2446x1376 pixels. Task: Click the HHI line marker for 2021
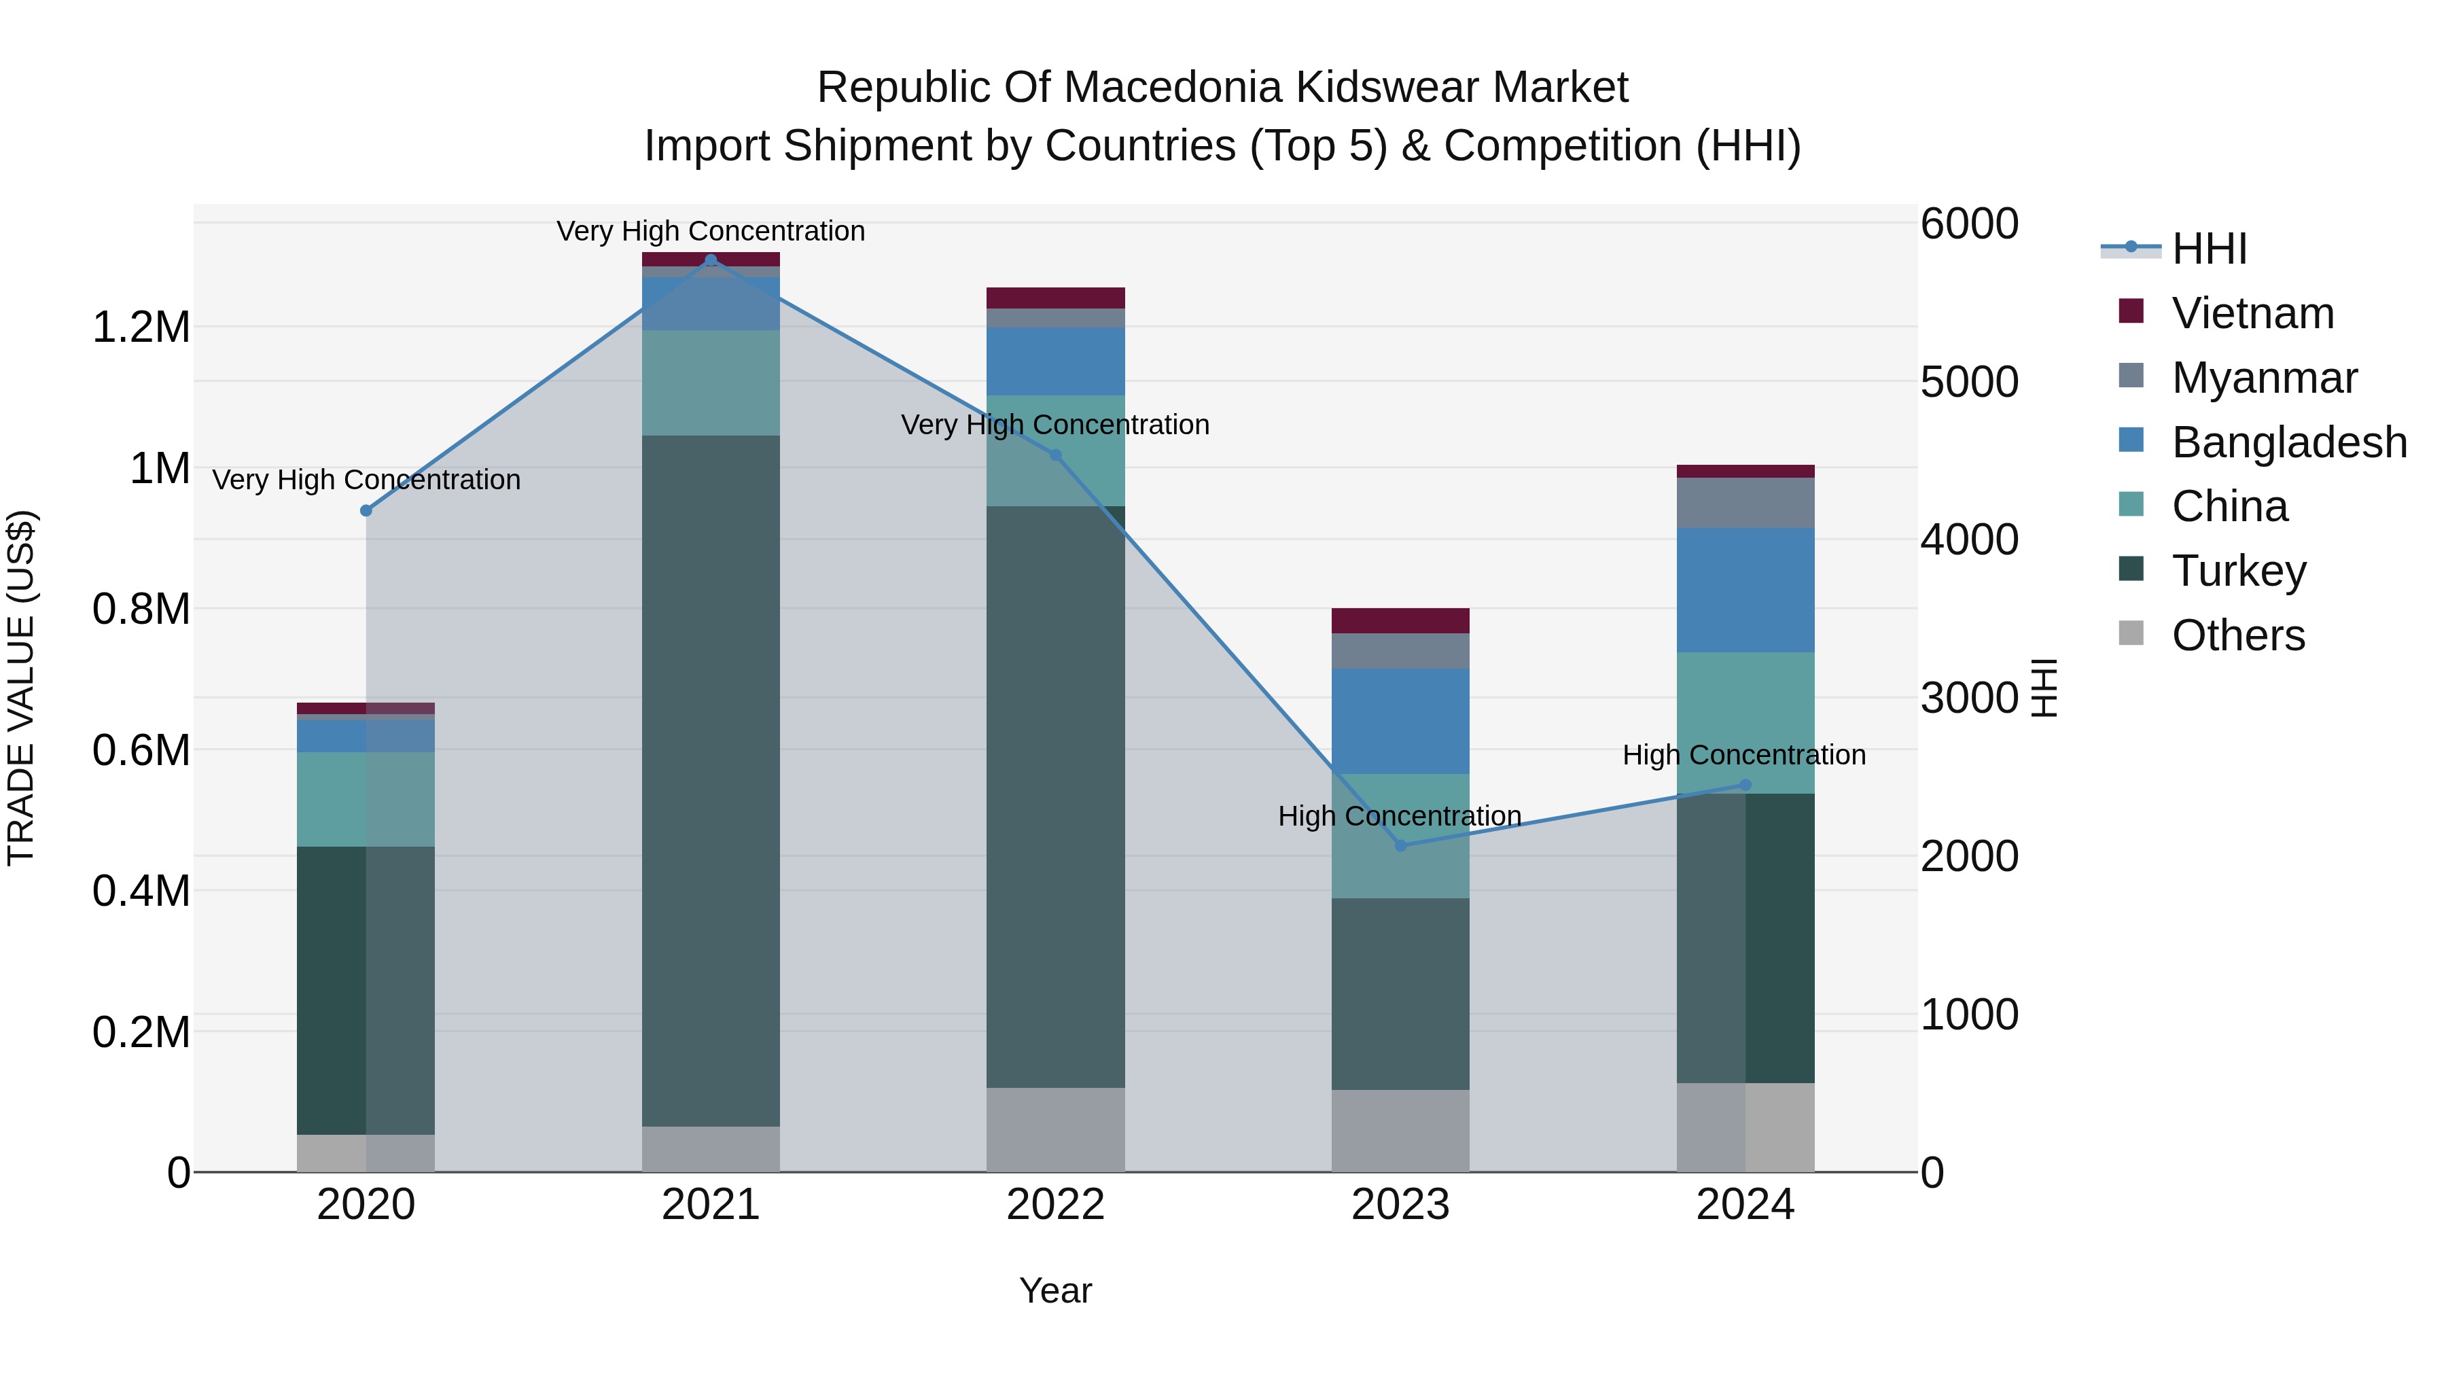point(711,260)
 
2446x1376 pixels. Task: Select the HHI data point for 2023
point(1400,845)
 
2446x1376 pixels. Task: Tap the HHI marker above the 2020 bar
point(366,511)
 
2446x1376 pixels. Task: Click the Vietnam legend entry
point(2252,313)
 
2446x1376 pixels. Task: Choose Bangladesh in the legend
point(2288,442)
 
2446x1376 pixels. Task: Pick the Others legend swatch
point(2131,633)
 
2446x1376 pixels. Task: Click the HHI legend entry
point(2209,249)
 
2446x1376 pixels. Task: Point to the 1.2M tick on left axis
point(141,328)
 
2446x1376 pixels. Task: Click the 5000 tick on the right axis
point(1968,382)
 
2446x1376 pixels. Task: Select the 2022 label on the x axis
point(1055,1205)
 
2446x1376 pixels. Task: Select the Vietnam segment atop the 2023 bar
point(1400,620)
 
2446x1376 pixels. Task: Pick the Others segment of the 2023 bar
point(1400,1130)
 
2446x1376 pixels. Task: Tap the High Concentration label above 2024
point(1743,755)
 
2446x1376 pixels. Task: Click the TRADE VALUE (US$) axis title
point(21,688)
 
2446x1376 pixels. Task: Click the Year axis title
point(1055,1290)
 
